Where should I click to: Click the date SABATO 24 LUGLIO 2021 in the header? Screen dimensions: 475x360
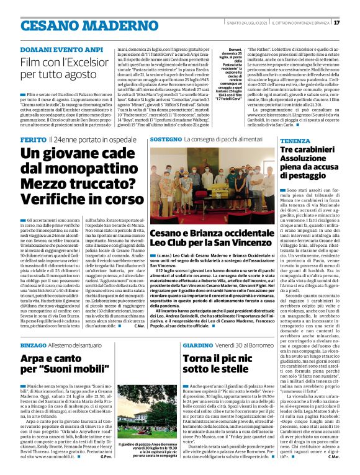[247, 24]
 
